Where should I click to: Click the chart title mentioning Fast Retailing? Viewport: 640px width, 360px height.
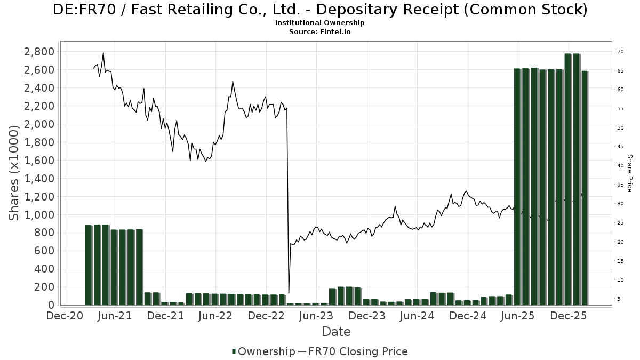pyautogui.click(x=320, y=10)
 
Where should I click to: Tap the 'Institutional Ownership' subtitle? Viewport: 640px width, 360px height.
pyautogui.click(x=319, y=23)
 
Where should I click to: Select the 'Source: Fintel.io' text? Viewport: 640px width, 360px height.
pyautogui.click(x=319, y=32)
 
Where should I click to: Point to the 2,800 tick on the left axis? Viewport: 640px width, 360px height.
pyautogui.click(x=39, y=52)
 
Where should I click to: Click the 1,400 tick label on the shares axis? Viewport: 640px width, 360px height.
pyautogui.click(x=39, y=179)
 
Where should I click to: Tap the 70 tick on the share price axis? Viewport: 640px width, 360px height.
pyautogui.click(x=620, y=52)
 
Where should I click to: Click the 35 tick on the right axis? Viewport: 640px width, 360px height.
pyautogui.click(x=620, y=185)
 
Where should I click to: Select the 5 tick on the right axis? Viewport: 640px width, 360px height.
pyautogui.click(x=619, y=299)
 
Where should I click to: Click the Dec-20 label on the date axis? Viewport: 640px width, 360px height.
pyautogui.click(x=64, y=316)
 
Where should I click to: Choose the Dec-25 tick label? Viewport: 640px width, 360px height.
pyautogui.click(x=568, y=316)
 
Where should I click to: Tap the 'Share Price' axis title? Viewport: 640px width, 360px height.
pyautogui.click(x=629, y=173)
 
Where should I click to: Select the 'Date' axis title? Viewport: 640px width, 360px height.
pyautogui.click(x=336, y=332)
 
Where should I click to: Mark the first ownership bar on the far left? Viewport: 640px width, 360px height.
pyautogui.click(x=89, y=265)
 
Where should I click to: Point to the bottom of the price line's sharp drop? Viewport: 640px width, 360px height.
pyautogui.click(x=289, y=293)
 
